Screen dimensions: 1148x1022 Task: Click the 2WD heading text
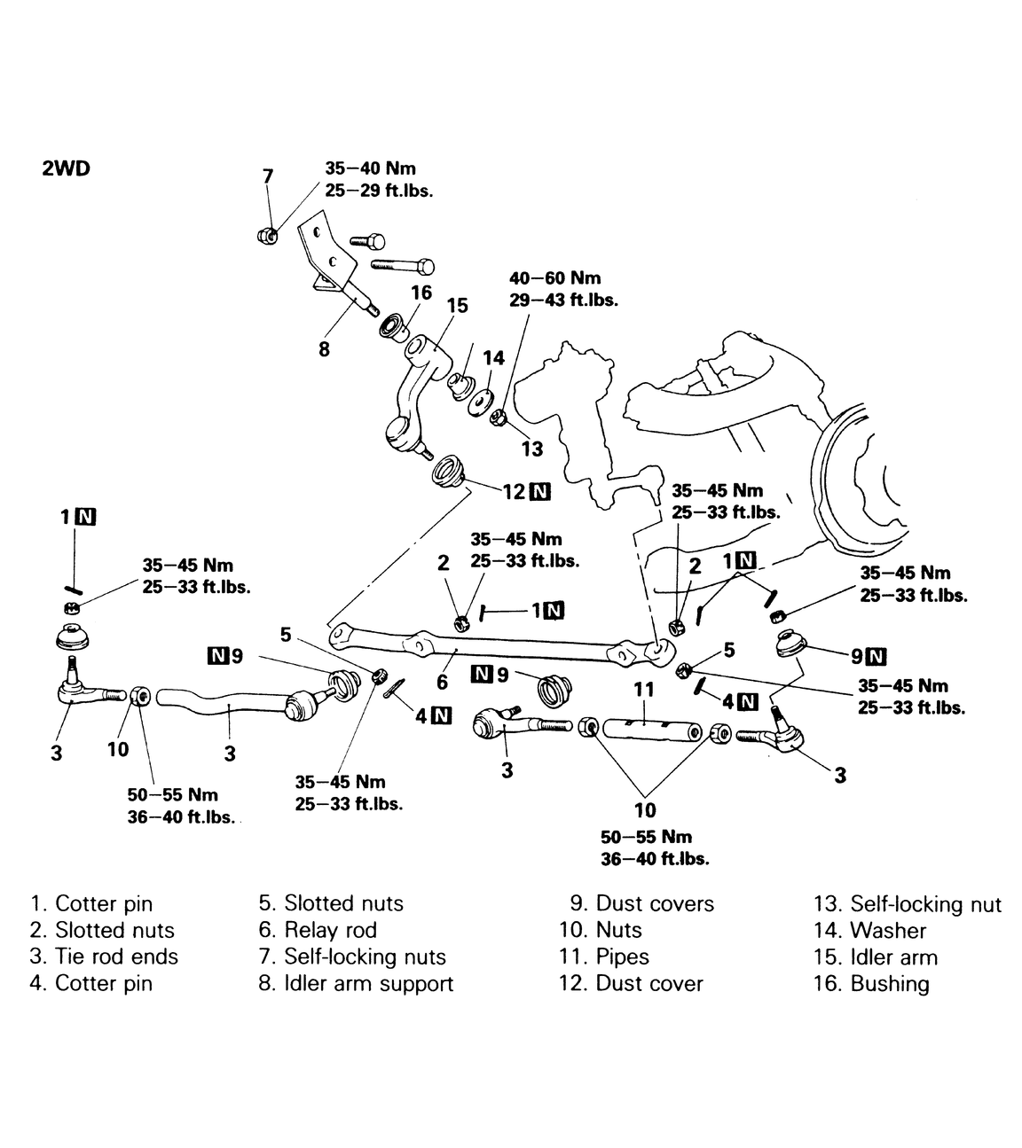tap(66, 168)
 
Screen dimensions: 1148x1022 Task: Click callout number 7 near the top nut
tap(268, 176)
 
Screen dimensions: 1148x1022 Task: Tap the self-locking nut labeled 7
tap(265, 235)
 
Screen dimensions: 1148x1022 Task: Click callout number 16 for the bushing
tap(421, 293)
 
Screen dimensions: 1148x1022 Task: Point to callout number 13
tap(532, 448)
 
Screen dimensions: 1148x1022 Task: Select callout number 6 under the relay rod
tap(442, 683)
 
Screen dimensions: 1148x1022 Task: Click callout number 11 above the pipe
tap(644, 689)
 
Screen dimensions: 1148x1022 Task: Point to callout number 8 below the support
tap(324, 348)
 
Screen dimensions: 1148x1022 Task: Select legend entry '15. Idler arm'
tap(875, 957)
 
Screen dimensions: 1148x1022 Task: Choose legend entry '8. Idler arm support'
tap(356, 983)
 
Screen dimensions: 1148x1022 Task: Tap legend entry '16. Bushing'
tap(871, 983)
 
